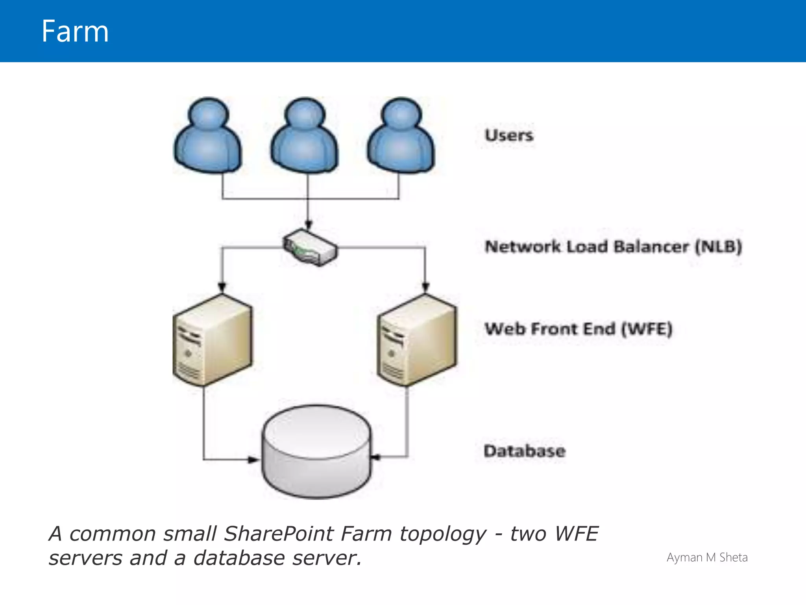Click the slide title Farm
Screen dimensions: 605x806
tap(75, 32)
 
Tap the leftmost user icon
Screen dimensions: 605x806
tap(208, 136)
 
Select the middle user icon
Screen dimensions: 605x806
tap(304, 136)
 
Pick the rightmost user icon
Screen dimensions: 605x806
tap(401, 136)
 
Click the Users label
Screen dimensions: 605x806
tap(509, 135)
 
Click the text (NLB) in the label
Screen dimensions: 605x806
tap(718, 247)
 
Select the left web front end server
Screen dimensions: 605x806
tap(213, 340)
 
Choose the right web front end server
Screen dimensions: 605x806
tap(417, 340)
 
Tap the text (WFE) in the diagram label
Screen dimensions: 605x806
tap(647, 329)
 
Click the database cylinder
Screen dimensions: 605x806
tap(317, 452)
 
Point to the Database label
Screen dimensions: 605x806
tap(525, 451)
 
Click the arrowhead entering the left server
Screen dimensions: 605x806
tap(222, 287)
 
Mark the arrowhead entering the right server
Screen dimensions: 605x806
tap(425, 287)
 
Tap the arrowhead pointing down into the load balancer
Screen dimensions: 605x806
tap(309, 225)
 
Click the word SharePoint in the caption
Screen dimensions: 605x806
tap(279, 534)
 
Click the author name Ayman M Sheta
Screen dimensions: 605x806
tap(707, 557)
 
